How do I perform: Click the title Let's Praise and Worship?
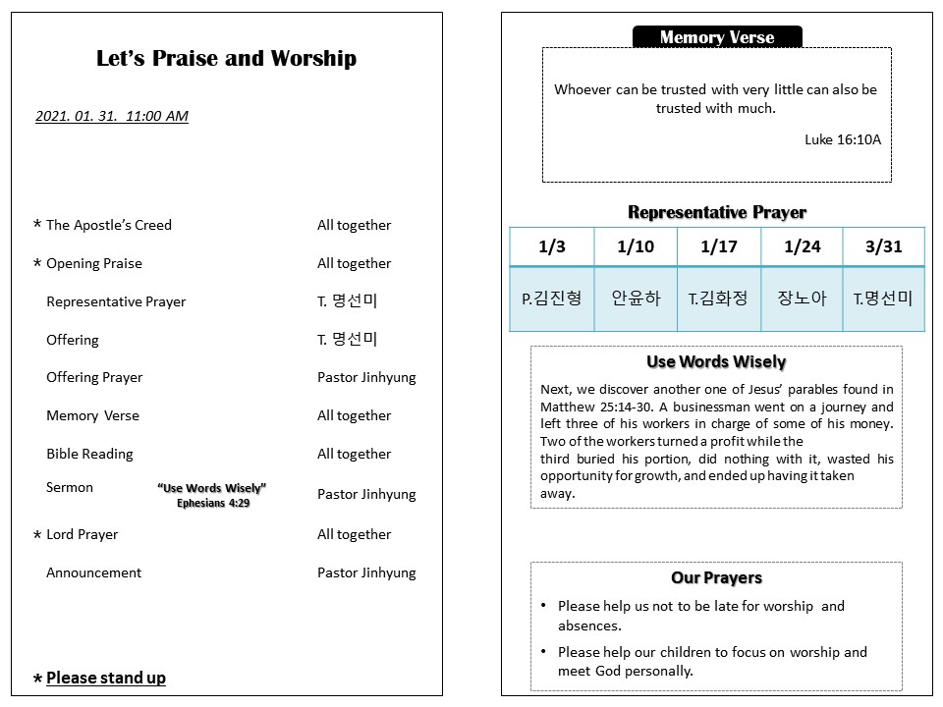(x=226, y=59)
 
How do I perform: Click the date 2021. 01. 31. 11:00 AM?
(x=112, y=116)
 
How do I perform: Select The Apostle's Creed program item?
(x=108, y=225)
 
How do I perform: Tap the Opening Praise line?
(x=93, y=263)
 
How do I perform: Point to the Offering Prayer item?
(x=94, y=377)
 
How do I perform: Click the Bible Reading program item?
(x=89, y=454)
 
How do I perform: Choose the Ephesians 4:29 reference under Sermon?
(x=213, y=503)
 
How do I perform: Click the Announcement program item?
(x=93, y=572)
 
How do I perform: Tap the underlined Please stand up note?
(x=106, y=678)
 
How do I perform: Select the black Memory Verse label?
(x=717, y=37)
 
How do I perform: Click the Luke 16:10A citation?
(x=843, y=139)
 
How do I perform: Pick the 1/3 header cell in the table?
(x=552, y=246)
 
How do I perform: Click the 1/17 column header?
(x=719, y=246)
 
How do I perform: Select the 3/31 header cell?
(x=884, y=246)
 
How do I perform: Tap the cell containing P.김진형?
(x=552, y=298)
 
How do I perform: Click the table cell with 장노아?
(x=803, y=298)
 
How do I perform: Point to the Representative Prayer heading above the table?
(x=717, y=212)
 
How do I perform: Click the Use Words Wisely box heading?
(x=716, y=362)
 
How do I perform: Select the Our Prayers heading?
(x=716, y=577)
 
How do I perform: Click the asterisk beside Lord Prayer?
(x=37, y=535)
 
